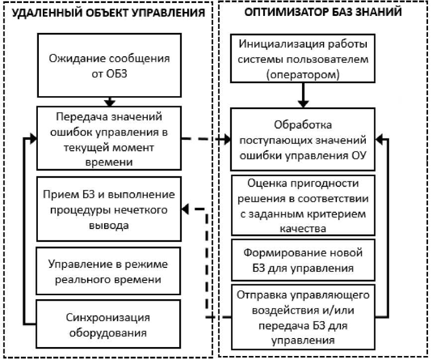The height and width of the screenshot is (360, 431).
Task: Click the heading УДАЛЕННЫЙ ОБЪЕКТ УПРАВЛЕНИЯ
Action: click(108, 13)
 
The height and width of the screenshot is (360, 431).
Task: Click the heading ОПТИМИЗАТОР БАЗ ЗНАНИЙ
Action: click(323, 12)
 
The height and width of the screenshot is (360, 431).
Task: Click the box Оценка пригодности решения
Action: click(303, 204)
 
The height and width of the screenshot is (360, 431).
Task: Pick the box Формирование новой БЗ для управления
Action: click(303, 260)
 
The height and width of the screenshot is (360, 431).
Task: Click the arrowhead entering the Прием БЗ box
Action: click(185, 209)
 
